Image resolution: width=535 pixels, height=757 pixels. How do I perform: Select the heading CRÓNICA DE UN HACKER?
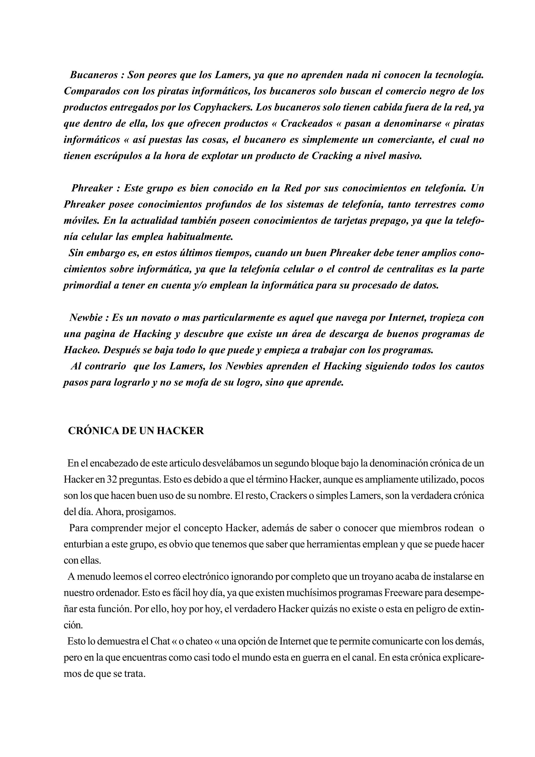click(136, 431)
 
